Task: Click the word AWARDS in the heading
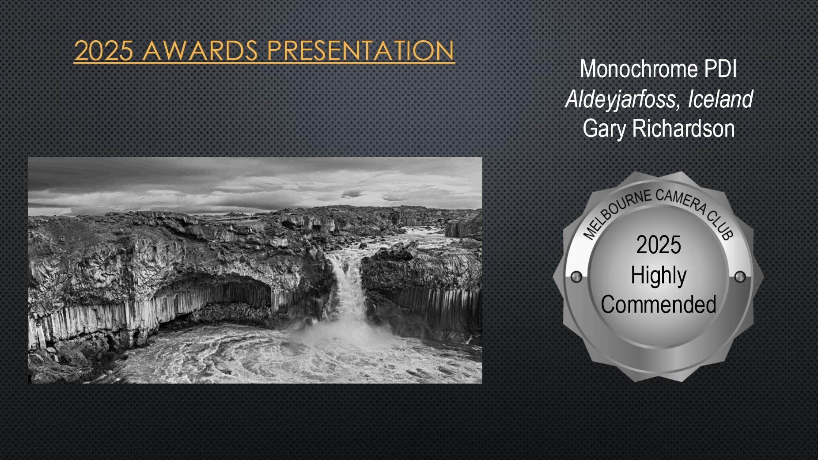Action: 200,50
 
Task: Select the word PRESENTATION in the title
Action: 360,50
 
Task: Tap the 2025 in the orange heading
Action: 104,51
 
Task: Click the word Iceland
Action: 720,99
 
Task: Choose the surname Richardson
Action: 684,129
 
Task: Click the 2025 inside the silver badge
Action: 659,245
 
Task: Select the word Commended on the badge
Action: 659,304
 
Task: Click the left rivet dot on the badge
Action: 576,277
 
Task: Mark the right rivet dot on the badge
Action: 740,277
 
